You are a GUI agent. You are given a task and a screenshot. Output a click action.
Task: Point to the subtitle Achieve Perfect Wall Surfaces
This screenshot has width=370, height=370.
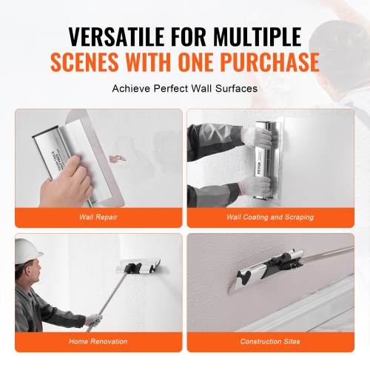coord(184,89)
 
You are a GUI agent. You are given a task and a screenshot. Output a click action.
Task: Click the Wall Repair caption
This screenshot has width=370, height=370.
coord(98,218)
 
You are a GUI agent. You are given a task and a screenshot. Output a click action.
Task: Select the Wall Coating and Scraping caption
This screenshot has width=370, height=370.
coord(269,218)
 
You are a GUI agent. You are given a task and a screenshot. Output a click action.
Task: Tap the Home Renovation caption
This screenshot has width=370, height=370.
coord(98,342)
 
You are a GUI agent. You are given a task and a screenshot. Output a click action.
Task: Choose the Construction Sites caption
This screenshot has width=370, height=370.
coord(269,342)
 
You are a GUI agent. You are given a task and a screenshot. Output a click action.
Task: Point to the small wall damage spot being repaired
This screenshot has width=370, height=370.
coord(115,158)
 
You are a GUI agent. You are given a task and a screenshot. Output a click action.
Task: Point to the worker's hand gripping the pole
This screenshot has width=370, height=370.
coord(92,320)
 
